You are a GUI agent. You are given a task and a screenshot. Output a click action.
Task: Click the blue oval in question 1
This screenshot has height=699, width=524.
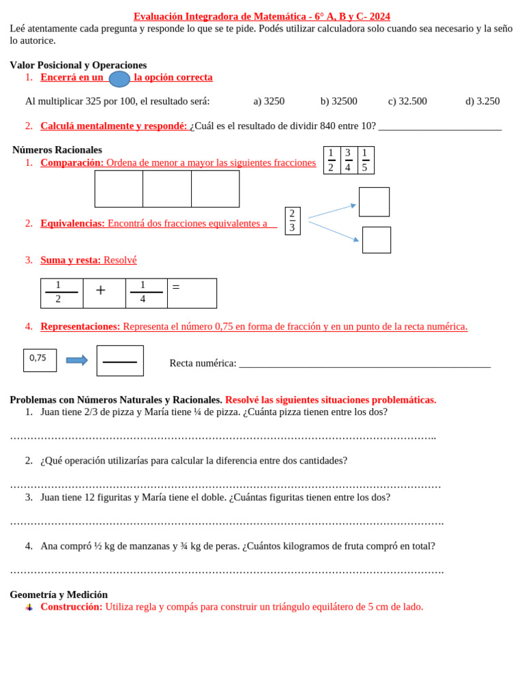coord(119,79)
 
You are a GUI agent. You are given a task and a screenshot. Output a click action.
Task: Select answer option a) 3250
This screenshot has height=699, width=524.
coord(269,101)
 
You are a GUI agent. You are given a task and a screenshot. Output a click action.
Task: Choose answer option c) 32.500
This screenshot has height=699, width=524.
coord(407,101)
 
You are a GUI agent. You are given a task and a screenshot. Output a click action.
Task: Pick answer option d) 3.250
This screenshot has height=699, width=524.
coord(482,101)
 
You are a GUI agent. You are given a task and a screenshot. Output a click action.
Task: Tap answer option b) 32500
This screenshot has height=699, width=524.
coord(338,101)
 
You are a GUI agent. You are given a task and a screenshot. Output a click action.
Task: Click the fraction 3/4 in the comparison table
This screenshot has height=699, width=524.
coord(348,160)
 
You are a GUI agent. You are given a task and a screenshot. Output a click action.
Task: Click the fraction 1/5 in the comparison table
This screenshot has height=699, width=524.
coord(365,160)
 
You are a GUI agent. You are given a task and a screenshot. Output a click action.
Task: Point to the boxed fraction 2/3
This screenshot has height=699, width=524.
coord(292,220)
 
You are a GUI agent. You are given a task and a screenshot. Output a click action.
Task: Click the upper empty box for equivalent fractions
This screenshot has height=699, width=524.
coord(374,202)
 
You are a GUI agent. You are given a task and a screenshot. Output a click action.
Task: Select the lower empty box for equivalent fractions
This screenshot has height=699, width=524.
coord(376,240)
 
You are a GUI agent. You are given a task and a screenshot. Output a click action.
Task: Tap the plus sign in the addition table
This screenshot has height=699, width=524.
coord(101,291)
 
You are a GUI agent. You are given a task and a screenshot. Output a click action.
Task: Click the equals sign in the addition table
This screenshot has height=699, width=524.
coord(176,287)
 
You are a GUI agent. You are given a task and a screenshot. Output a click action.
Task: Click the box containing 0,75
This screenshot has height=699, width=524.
coord(40,360)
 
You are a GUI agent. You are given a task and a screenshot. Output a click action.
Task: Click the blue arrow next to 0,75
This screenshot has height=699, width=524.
coord(76,360)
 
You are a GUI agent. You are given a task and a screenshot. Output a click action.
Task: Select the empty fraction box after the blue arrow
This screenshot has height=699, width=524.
coord(120,360)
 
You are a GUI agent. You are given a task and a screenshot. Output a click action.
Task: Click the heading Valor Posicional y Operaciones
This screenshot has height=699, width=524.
coord(78,65)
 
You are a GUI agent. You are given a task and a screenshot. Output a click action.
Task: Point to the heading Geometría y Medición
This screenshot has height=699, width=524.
coord(59,595)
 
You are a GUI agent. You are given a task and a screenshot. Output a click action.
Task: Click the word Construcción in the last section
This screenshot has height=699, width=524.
coord(71,606)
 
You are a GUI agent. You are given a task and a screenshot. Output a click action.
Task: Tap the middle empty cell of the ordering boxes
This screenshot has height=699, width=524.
coord(167,189)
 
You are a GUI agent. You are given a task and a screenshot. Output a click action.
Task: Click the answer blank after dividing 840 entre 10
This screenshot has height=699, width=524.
coord(439,126)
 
